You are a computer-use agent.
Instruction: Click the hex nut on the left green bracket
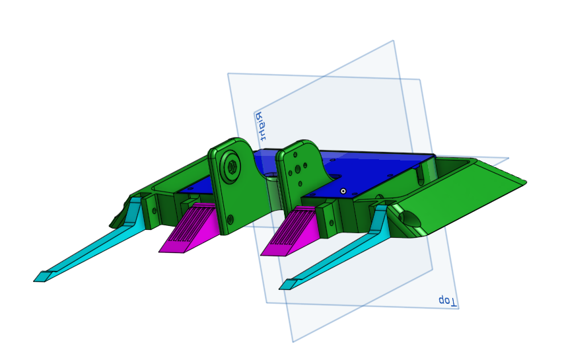coord(232,165)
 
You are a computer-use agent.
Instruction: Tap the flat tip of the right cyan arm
coord(288,285)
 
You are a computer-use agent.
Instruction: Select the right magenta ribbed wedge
coord(291,233)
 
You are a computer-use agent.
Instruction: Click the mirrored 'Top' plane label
coord(448,301)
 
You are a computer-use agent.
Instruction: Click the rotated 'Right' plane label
coord(261,126)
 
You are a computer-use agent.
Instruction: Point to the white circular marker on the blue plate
coord(343,191)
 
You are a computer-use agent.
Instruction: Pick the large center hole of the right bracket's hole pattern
coord(297,168)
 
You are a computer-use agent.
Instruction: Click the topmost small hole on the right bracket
coord(295,155)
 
